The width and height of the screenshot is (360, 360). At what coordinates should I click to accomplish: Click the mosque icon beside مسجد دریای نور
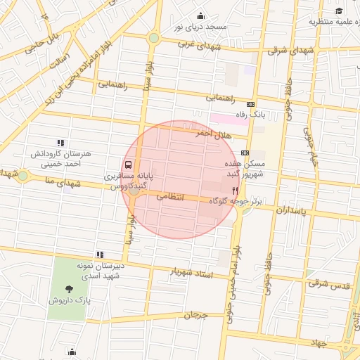[x=200, y=16]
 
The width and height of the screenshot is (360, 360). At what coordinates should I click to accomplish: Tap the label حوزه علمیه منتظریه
[x=334, y=21]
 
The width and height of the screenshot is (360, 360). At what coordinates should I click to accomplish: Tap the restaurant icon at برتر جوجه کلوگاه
[x=235, y=190]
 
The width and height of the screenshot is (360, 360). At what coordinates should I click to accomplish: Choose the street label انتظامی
[x=169, y=197]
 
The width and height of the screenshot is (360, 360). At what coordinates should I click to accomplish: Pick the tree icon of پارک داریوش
[x=68, y=288]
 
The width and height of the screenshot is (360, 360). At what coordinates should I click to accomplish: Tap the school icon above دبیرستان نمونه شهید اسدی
[x=100, y=255]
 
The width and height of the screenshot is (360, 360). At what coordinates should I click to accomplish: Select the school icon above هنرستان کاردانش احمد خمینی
[x=60, y=143]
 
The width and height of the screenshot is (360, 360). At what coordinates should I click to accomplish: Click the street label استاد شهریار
[x=192, y=272]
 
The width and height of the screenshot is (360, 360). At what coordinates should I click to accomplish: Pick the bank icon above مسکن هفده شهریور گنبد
[x=245, y=153]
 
